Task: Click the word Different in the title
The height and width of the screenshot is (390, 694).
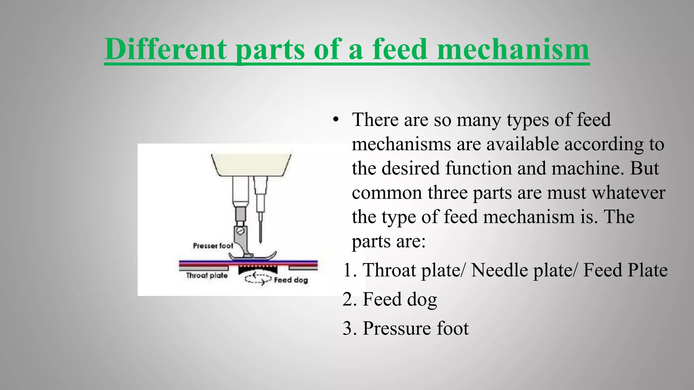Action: [x=165, y=49]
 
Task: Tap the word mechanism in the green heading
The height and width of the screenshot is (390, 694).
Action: [x=513, y=49]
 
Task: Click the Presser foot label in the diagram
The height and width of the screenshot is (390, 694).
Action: [x=213, y=246]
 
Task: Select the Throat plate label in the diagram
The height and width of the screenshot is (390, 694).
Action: [x=207, y=275]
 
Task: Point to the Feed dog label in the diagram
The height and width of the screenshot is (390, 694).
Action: [x=291, y=280]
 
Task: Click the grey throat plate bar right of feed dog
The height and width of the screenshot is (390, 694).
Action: [x=303, y=268]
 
